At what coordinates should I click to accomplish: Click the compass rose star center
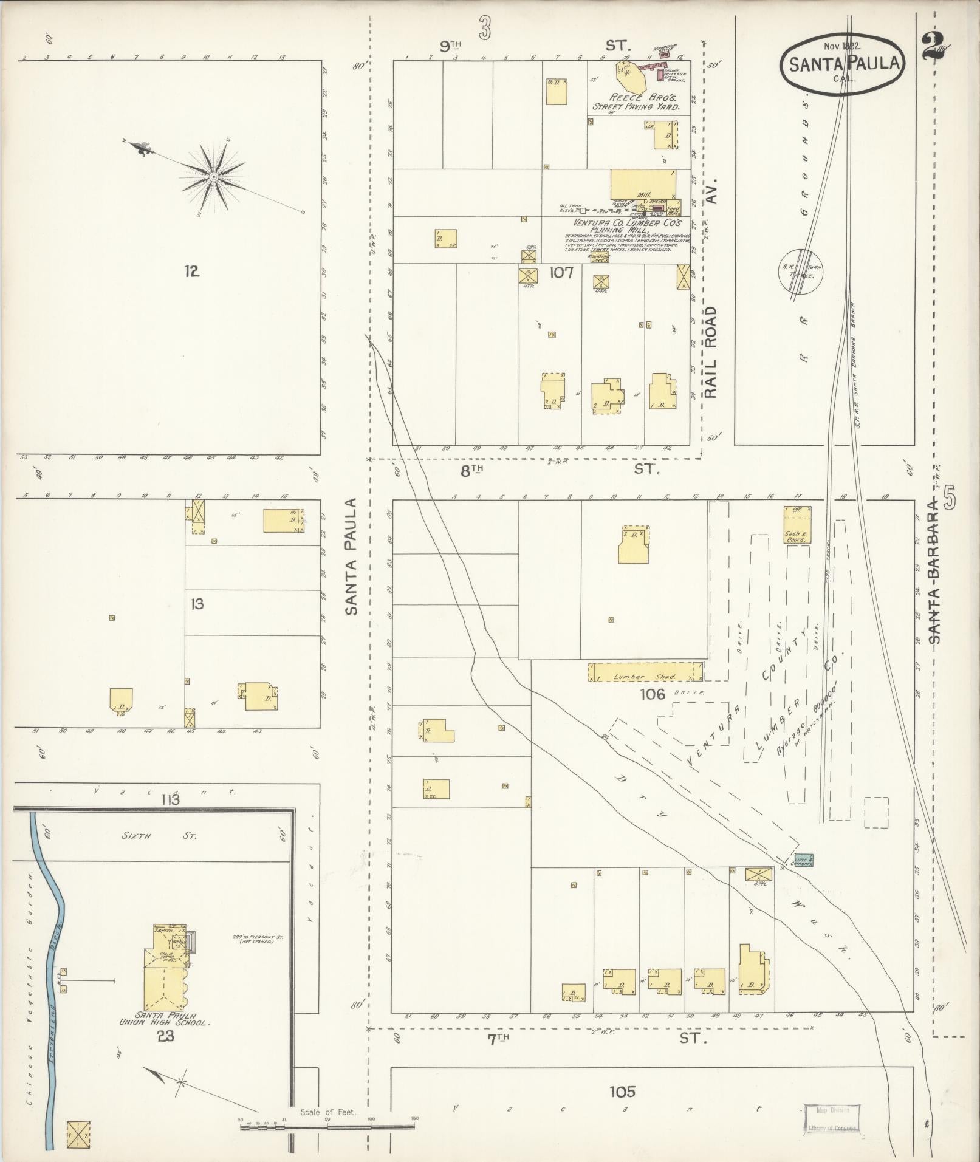point(214,177)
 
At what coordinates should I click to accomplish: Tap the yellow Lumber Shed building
point(645,672)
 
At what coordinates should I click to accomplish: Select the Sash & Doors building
point(797,525)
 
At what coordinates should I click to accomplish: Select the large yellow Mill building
point(643,183)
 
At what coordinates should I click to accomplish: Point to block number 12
point(192,272)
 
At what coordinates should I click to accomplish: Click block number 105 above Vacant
point(622,1092)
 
